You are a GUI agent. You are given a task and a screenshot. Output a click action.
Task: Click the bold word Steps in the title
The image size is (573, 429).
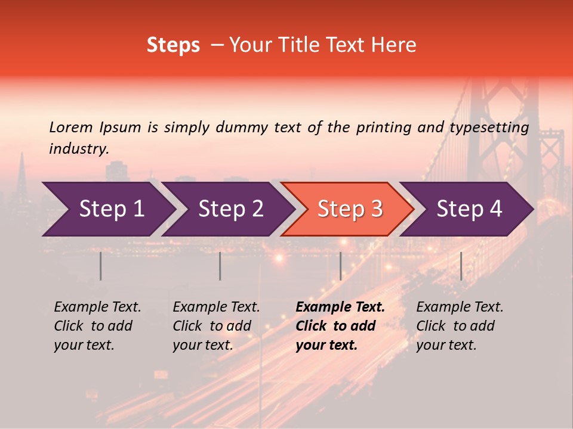(x=173, y=45)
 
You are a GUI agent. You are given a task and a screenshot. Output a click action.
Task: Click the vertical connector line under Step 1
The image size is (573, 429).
(x=101, y=266)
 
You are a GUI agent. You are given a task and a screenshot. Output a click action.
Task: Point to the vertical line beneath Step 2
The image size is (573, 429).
(x=220, y=266)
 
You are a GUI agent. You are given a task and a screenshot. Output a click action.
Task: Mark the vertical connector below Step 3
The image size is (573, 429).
(x=340, y=266)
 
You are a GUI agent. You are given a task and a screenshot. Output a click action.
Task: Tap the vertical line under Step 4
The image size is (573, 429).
(x=461, y=266)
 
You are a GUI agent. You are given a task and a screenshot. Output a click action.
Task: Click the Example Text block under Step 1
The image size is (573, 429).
(x=97, y=326)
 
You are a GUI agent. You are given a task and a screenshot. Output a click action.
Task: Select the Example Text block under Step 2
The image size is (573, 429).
(x=216, y=326)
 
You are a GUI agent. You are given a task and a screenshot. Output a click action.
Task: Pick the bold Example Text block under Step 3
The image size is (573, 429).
(x=340, y=326)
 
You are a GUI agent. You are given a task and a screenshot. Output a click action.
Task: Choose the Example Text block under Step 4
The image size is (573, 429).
(x=460, y=326)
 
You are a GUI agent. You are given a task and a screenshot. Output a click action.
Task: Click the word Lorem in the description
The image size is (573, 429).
(x=71, y=128)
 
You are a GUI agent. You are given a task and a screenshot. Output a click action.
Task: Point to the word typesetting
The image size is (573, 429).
(x=489, y=128)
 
